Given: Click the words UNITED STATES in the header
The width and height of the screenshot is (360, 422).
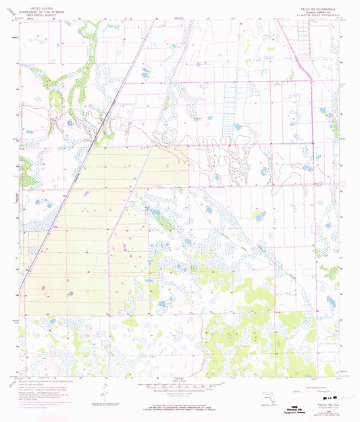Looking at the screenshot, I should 41,5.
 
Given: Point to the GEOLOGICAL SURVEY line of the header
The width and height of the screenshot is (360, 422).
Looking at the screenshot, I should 41,13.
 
